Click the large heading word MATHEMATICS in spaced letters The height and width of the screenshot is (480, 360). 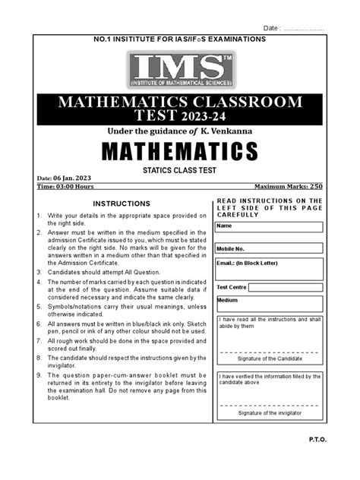coord(180,152)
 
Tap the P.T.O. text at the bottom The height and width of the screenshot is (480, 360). coord(336,460)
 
